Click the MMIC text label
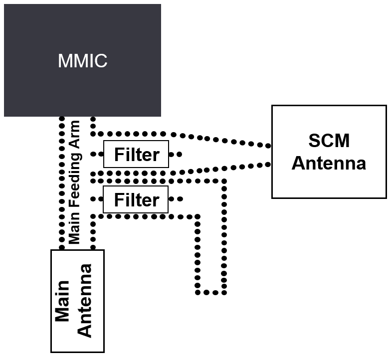click(83, 61)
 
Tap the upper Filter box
click(136, 154)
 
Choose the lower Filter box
click(136, 199)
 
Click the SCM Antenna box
click(329, 184)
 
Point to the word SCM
click(329, 141)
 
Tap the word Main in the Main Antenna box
click(62, 301)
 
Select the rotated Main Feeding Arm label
click(75, 182)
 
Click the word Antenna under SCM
click(329, 163)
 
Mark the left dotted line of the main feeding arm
click(62, 182)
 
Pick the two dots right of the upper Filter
click(177, 154)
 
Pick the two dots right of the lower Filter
click(177, 199)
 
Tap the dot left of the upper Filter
click(93, 154)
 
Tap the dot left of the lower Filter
click(93, 199)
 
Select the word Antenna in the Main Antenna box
click(85, 301)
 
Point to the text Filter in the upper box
click(136, 155)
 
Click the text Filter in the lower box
click(136, 200)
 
